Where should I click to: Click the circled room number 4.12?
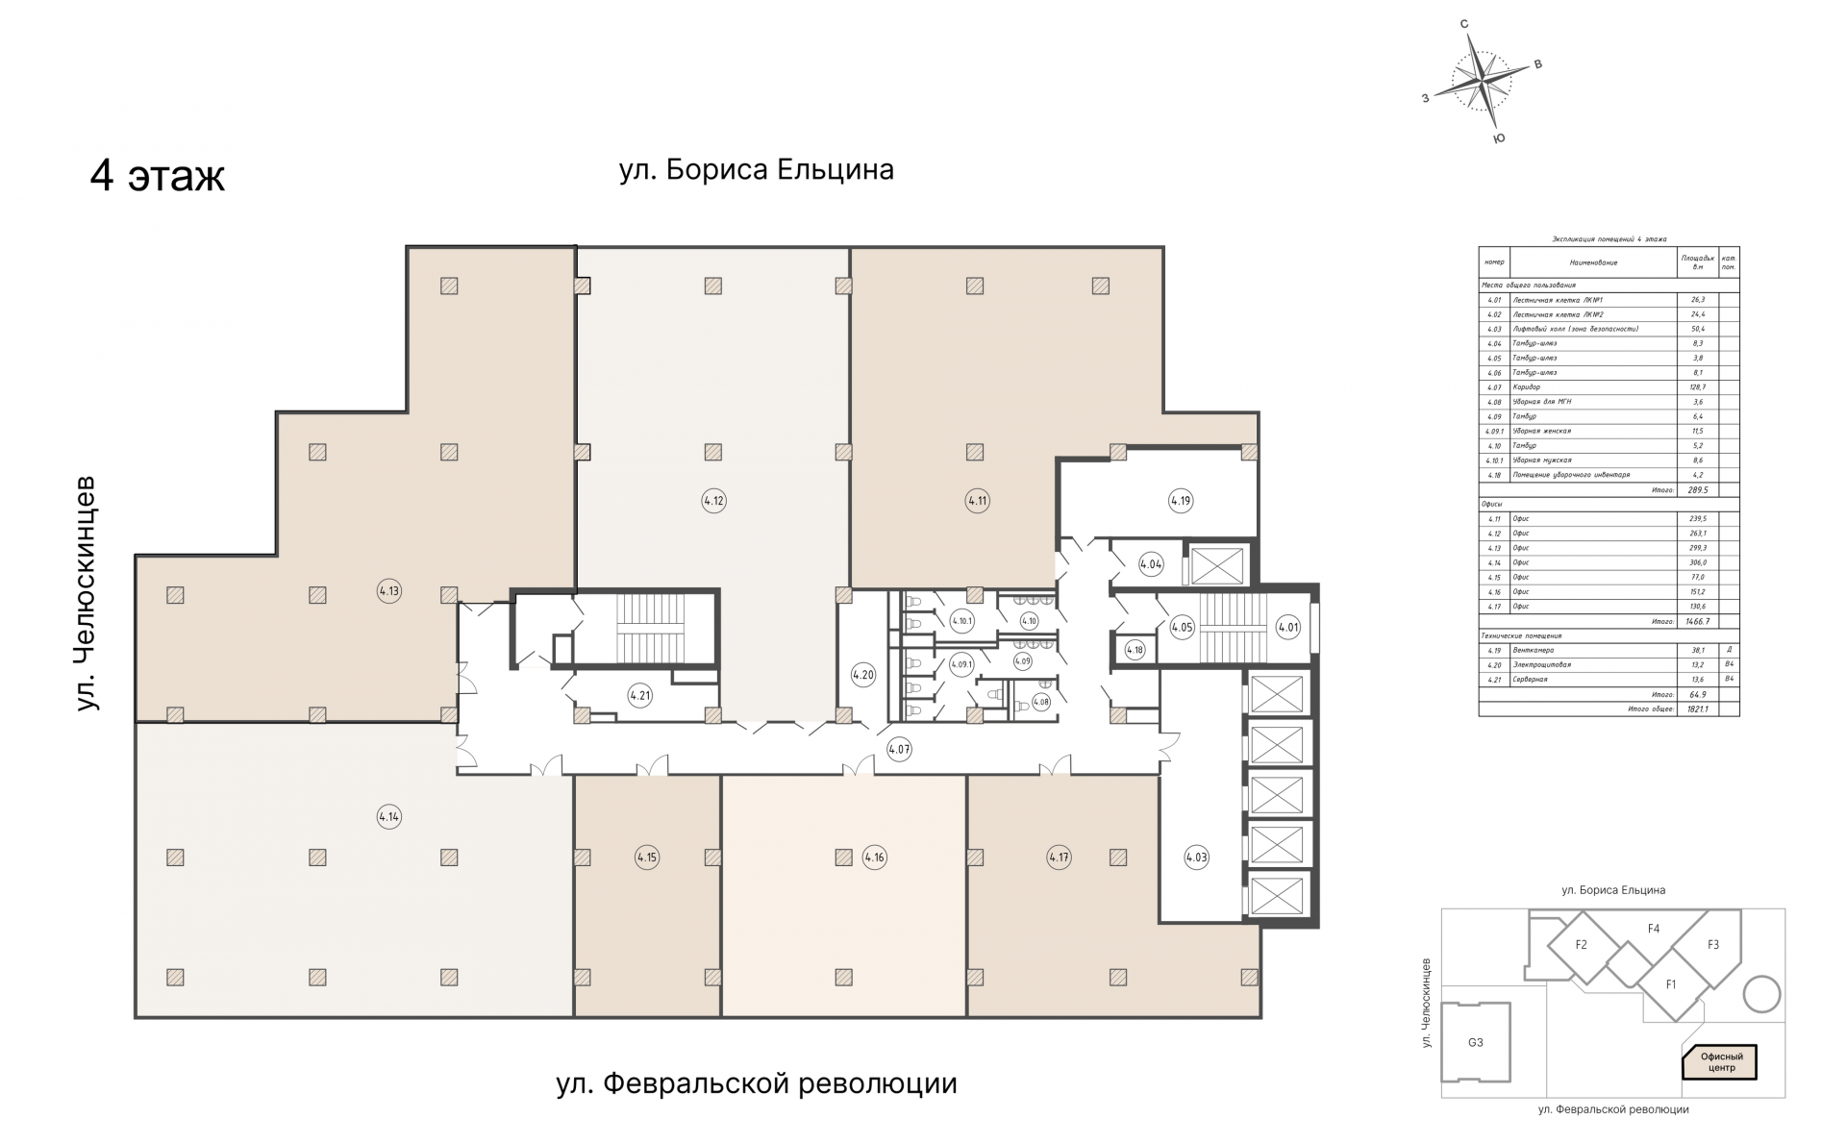tap(712, 500)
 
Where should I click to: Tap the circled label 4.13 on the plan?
tap(388, 591)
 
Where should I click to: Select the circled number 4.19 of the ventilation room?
tap(1180, 500)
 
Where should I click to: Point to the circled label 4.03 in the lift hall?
tap(1196, 857)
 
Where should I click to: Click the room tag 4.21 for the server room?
tap(639, 694)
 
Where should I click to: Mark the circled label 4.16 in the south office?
tap(874, 857)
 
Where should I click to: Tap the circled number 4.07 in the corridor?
tap(898, 749)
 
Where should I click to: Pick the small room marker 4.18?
tap(1135, 650)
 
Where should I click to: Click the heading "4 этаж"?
tap(158, 177)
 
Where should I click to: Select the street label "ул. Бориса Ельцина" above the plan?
tap(757, 170)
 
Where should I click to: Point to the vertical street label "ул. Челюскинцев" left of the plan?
tap(87, 592)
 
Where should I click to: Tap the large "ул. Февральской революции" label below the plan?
tap(757, 1084)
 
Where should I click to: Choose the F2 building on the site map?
tap(1581, 944)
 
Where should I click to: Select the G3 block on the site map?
tap(1475, 1042)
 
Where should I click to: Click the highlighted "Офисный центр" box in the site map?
tap(1721, 1062)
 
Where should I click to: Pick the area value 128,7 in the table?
tap(1696, 387)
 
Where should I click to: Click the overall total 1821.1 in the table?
tap(1696, 709)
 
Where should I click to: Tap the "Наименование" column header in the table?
tap(1593, 262)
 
